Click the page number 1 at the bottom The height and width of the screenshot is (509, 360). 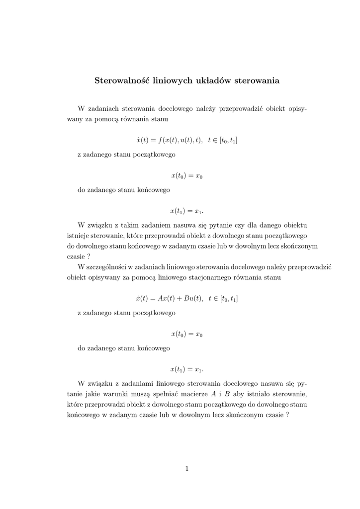coord(186,468)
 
